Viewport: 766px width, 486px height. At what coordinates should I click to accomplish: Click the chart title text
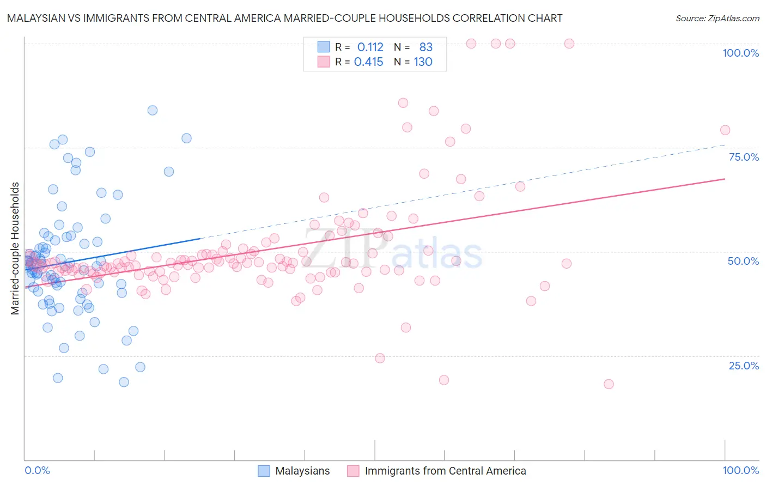[284, 18]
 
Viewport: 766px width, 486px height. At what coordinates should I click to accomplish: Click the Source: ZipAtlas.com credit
[717, 18]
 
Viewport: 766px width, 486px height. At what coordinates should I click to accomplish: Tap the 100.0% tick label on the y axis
[740, 53]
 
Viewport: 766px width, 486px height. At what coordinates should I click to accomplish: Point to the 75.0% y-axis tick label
[744, 157]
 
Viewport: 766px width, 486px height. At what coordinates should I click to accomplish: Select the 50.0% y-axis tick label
[743, 261]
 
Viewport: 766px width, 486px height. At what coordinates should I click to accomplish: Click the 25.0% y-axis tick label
[744, 366]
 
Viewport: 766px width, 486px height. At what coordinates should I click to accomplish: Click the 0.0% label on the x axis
[37, 471]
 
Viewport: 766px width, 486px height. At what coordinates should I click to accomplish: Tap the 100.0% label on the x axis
[740, 471]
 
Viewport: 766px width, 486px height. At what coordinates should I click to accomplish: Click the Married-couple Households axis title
[15, 248]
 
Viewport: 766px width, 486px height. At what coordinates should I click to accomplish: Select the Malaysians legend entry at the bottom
[302, 471]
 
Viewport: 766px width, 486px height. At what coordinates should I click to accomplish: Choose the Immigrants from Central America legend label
[445, 471]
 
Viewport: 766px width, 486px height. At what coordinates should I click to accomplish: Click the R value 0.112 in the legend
[370, 47]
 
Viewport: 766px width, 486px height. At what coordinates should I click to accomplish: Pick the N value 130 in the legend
[423, 62]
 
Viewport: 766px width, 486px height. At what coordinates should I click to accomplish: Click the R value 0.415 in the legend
[369, 62]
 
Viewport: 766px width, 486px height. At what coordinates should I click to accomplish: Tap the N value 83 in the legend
[425, 47]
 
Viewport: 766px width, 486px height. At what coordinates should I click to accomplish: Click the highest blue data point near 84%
[153, 111]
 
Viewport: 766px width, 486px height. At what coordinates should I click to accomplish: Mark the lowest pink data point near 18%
[609, 384]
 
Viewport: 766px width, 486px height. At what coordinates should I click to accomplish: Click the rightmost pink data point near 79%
[725, 130]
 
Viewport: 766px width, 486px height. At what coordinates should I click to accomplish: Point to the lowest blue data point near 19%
[124, 382]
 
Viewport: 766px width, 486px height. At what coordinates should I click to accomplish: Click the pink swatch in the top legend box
[324, 62]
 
